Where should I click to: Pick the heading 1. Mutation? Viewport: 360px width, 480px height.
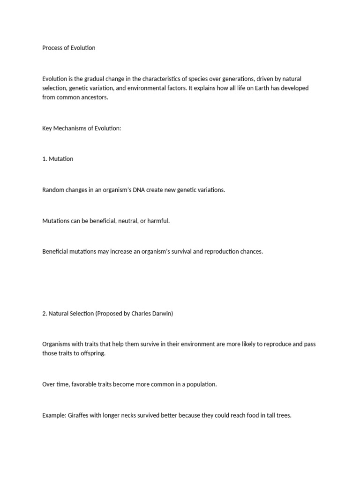[x=58, y=159]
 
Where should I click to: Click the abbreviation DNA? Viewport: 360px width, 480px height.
[x=145, y=190]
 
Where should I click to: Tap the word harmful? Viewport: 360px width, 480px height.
[x=158, y=221]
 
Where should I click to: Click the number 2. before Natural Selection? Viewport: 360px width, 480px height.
[x=45, y=314]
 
